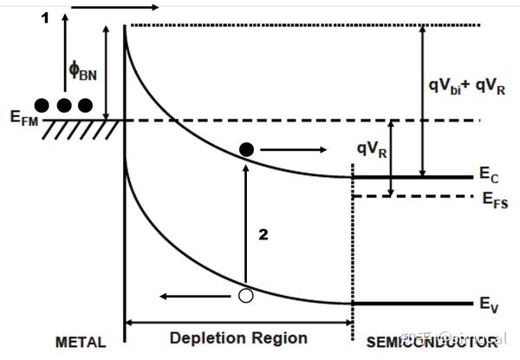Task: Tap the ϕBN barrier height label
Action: click(83, 69)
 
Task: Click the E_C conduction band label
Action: click(488, 176)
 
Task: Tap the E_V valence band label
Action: click(488, 304)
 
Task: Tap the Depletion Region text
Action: click(240, 338)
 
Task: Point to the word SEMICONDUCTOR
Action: click(432, 342)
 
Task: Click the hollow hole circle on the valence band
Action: click(246, 296)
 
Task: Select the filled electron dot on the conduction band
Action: click(247, 150)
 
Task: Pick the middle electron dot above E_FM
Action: click(64, 105)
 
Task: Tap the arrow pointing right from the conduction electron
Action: click(290, 150)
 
